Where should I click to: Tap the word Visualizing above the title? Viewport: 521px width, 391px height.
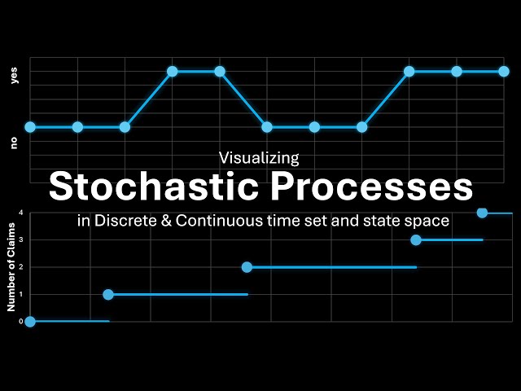(260, 157)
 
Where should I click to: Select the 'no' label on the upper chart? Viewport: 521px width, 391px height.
(14, 143)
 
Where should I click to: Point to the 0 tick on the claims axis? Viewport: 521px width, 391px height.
(21, 322)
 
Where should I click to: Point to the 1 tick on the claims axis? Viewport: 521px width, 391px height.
(21, 294)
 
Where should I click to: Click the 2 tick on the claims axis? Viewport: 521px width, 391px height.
(21, 267)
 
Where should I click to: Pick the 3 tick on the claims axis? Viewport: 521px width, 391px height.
(21, 239)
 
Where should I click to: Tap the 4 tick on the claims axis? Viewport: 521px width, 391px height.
(21, 213)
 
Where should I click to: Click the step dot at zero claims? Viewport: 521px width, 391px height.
(30, 322)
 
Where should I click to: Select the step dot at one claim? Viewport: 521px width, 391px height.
(108, 294)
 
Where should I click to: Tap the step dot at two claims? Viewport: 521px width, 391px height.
(247, 267)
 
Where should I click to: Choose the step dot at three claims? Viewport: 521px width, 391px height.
(416, 239)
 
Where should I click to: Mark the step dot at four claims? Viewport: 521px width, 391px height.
(482, 213)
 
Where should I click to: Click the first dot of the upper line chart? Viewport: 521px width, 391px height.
(30, 127)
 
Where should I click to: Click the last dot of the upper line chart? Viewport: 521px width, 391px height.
(504, 72)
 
